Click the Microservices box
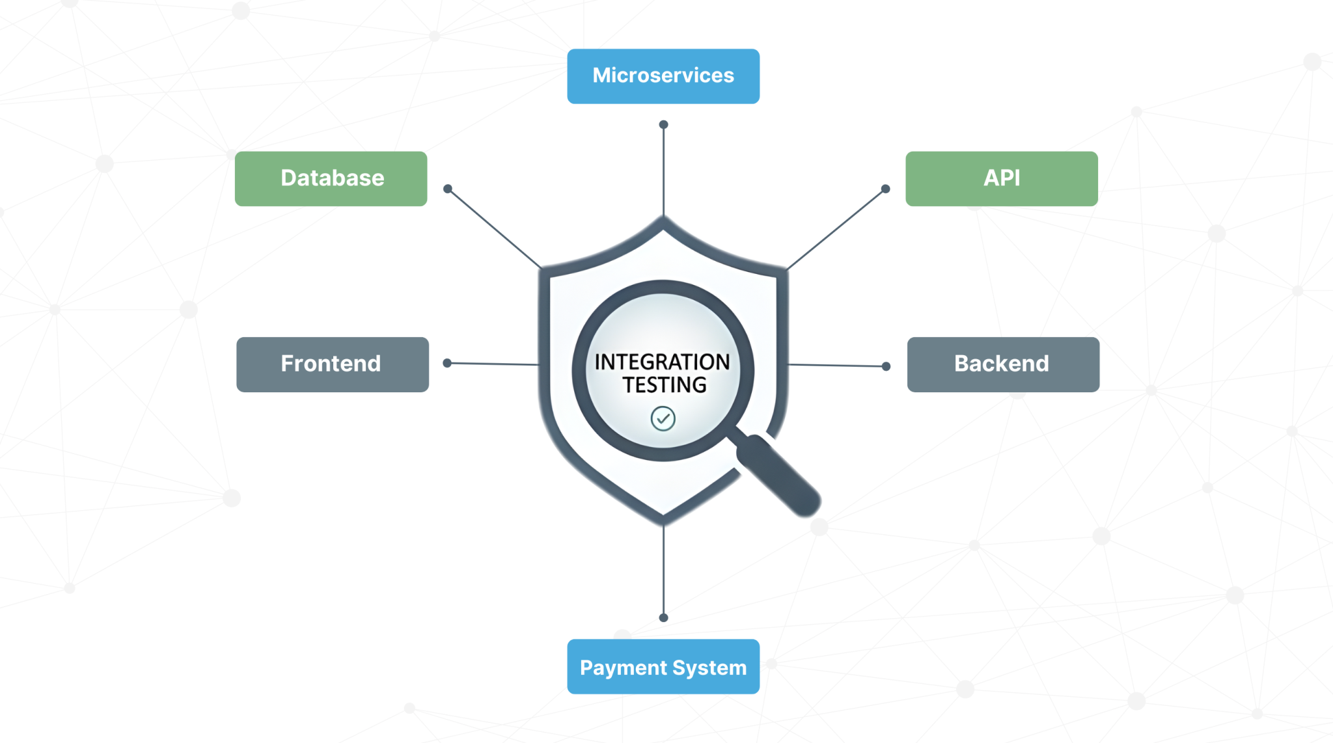pos(663,76)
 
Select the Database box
pos(331,179)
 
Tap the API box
pos(1001,179)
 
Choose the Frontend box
pos(332,364)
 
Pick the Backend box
pos(1002,364)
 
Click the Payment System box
pos(663,667)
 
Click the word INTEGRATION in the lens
pos(662,362)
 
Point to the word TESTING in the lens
pos(664,385)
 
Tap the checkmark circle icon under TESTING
pos(663,418)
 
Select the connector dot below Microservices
pos(663,124)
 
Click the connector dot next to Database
pos(448,189)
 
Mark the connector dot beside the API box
pos(885,189)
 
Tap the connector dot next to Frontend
pos(447,363)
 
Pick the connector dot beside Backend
pos(886,366)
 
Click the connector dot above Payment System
pos(663,617)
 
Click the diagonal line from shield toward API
pos(836,229)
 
